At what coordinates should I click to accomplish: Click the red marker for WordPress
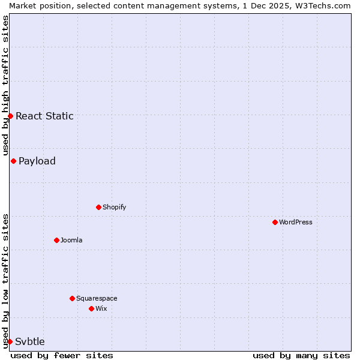click(x=275, y=222)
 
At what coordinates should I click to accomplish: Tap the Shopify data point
click(x=98, y=207)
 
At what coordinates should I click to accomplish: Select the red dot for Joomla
click(x=56, y=240)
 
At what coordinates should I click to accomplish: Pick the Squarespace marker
click(x=72, y=298)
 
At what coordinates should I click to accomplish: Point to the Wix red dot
click(x=91, y=308)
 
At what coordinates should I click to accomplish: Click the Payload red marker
click(x=13, y=161)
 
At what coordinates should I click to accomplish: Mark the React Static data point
click(x=10, y=116)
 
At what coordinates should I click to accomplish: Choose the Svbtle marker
click(x=10, y=341)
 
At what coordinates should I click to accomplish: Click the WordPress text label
click(x=296, y=222)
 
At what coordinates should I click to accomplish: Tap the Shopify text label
click(x=115, y=207)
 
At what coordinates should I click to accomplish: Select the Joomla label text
click(x=71, y=240)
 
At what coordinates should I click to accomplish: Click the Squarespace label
click(x=97, y=298)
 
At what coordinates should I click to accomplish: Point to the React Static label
click(x=44, y=116)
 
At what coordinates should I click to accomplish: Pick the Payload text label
click(x=37, y=161)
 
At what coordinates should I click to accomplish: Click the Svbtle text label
click(x=30, y=341)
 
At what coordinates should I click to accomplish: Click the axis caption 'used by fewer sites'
click(x=62, y=355)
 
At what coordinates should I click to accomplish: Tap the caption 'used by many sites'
click(x=301, y=355)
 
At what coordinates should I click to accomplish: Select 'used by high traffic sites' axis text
click(x=5, y=85)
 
